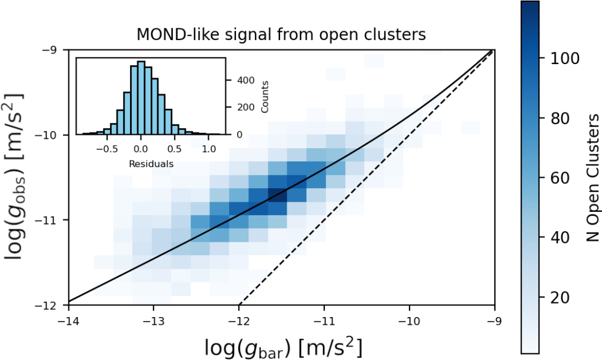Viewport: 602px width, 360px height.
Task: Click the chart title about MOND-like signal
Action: coord(281,35)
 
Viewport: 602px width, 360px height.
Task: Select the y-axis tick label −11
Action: coord(51,220)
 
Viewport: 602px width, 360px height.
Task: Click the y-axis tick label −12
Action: coord(51,305)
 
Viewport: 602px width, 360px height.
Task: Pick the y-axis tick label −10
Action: coord(51,135)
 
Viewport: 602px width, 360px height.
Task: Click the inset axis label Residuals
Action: coord(151,164)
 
